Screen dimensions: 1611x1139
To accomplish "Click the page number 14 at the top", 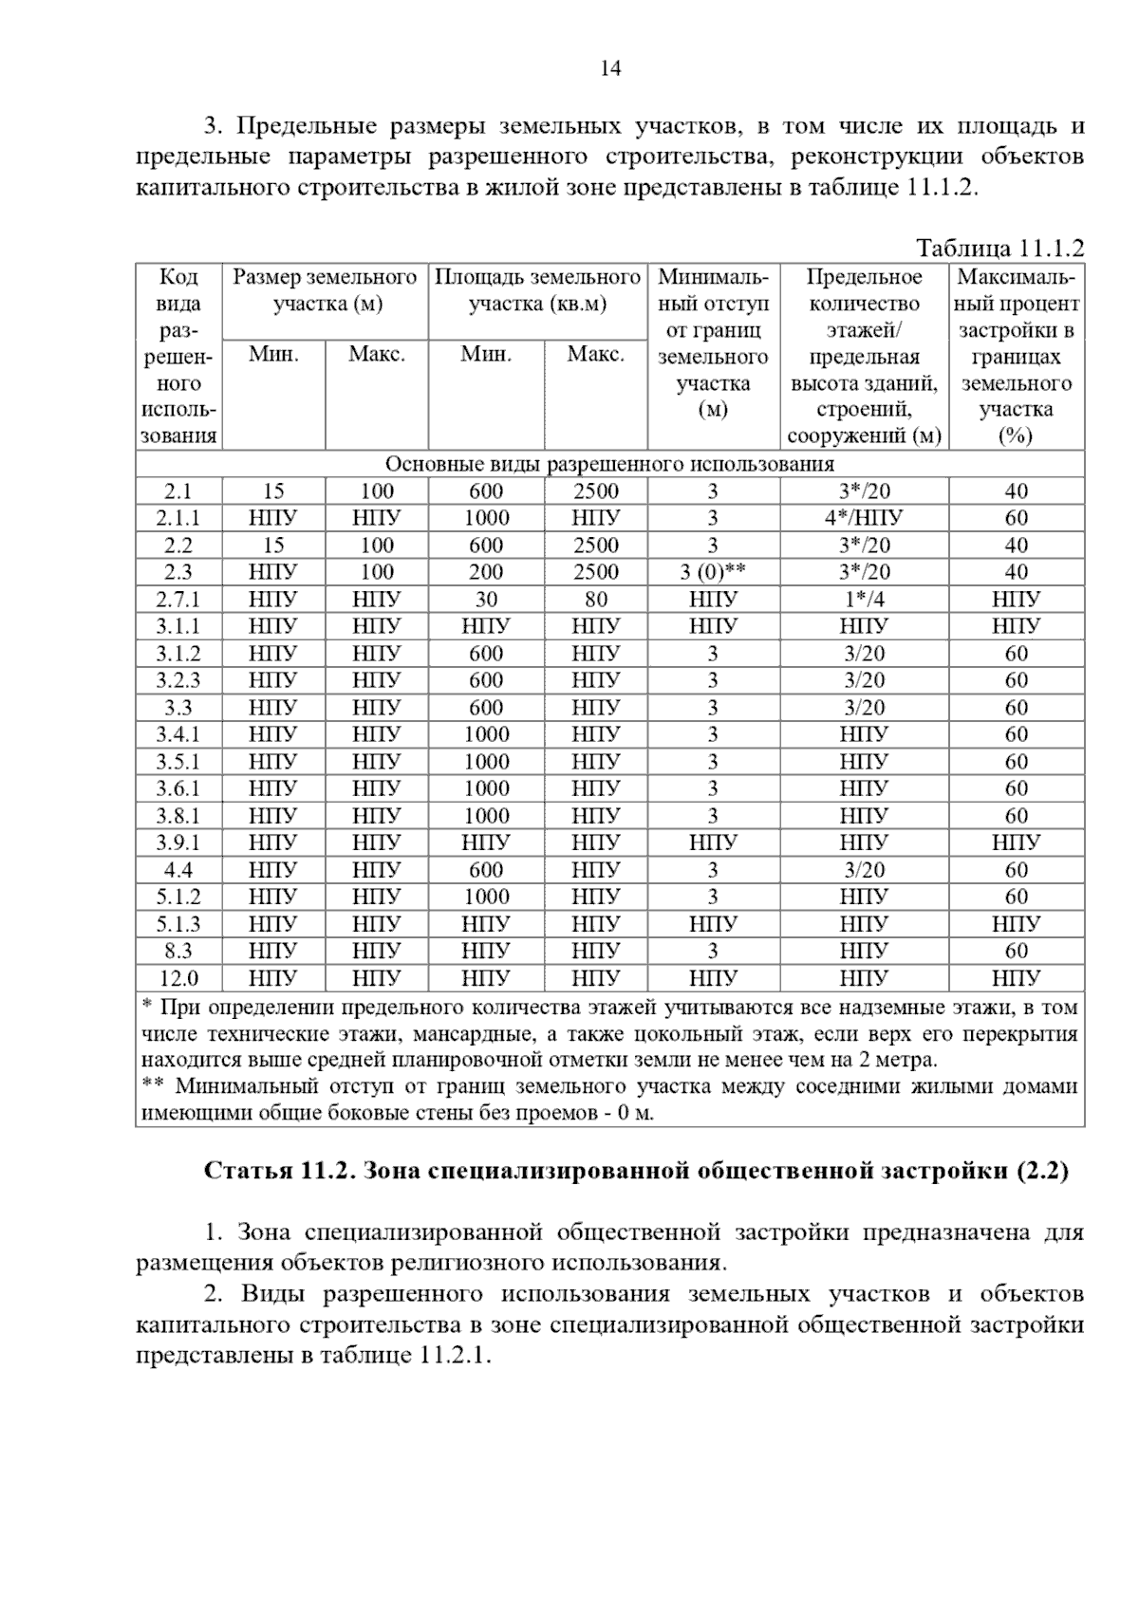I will click(x=610, y=68).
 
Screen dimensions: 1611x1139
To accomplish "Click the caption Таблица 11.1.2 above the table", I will click(x=999, y=249).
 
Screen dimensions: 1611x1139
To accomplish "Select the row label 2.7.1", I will click(x=177, y=600).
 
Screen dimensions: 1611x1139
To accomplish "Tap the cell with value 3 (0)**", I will click(x=713, y=572).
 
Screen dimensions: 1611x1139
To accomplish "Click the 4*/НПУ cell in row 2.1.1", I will click(x=864, y=518).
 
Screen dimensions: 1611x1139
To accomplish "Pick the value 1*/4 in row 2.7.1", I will click(x=864, y=600).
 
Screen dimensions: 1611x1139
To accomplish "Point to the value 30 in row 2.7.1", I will click(x=486, y=600).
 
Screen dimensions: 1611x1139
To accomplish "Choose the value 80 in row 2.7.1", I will click(x=595, y=600).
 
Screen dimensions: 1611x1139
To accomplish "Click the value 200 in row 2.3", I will click(x=486, y=572).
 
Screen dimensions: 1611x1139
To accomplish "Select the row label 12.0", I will click(x=177, y=978).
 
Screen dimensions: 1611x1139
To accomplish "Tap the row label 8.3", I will click(x=177, y=951).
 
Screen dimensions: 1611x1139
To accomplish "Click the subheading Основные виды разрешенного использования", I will click(x=609, y=464).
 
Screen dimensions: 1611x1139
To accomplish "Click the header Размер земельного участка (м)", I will click(x=325, y=290).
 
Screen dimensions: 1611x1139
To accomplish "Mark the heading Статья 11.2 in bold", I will click(x=636, y=1171).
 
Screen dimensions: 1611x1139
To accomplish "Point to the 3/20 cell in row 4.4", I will click(x=864, y=870).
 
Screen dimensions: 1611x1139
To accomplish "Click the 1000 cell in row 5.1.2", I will click(x=486, y=897).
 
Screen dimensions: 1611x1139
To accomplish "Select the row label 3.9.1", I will click(x=177, y=843).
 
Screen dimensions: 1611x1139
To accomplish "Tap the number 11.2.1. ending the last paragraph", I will click(x=454, y=1355).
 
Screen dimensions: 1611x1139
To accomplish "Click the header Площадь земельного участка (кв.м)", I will click(x=537, y=290).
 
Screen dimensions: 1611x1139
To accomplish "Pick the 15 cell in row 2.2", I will click(x=273, y=546).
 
